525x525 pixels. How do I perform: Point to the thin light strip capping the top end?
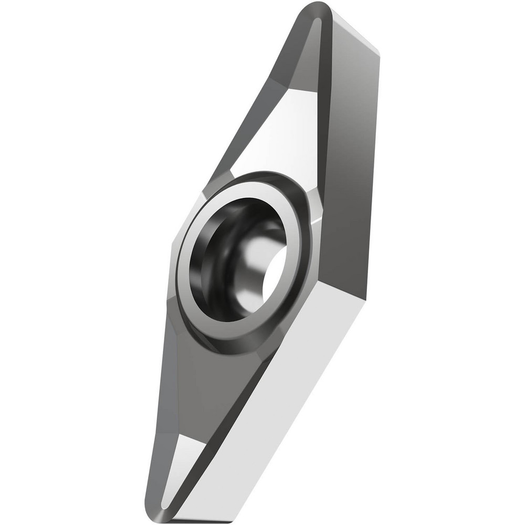pos(357,29)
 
